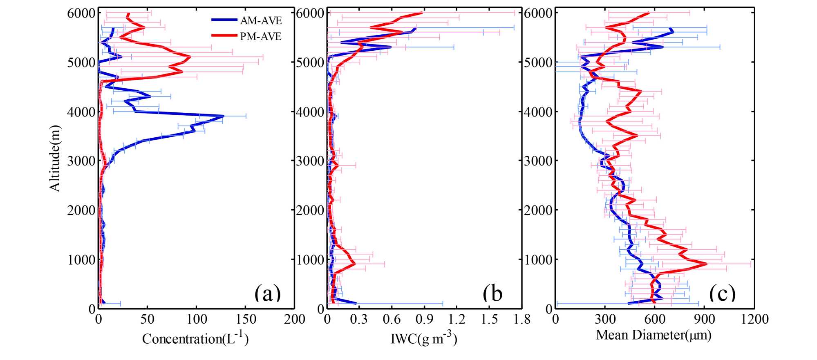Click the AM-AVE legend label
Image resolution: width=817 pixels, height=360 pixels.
click(x=261, y=20)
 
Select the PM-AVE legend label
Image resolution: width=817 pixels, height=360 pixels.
click(x=261, y=36)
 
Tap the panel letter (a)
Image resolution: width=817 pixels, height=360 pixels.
click(x=268, y=293)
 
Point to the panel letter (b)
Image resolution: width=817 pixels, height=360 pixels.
click(x=492, y=293)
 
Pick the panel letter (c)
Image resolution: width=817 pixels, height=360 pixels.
click(x=723, y=293)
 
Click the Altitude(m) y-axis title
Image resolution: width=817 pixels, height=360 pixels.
click(x=55, y=158)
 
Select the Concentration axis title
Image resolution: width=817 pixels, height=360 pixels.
click(x=195, y=338)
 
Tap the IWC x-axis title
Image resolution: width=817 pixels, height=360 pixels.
click(x=424, y=338)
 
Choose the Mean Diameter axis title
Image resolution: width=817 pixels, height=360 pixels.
click(x=654, y=335)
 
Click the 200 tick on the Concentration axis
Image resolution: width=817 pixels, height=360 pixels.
click(x=294, y=319)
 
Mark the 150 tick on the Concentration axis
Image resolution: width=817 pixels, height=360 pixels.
click(x=246, y=319)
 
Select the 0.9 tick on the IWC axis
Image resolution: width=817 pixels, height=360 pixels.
click(x=424, y=319)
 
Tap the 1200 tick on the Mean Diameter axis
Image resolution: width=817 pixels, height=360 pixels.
click(x=754, y=319)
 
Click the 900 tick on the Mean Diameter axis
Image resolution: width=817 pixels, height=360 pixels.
click(x=705, y=319)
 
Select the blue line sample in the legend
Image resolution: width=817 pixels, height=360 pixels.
click(x=224, y=20)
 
